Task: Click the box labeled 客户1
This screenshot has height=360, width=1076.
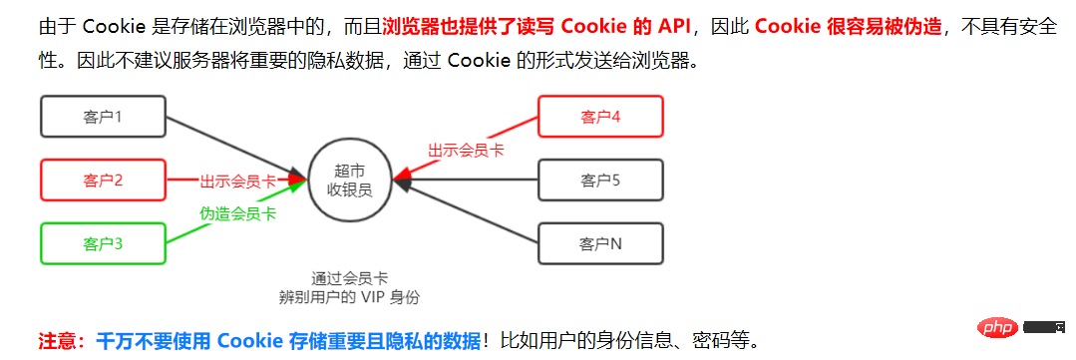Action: pos(103,117)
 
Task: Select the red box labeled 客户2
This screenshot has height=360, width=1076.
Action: pos(103,180)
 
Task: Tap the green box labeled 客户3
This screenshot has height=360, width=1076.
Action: pos(103,243)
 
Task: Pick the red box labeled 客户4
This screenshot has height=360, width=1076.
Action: pos(600,117)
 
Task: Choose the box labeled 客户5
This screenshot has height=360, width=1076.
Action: pos(600,180)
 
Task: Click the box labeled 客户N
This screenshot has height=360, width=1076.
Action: pos(600,243)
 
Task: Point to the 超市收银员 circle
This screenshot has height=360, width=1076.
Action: pos(349,180)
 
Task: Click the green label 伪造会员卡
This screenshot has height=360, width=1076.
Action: pos(237,213)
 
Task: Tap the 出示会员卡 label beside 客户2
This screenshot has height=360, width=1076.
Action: pos(237,180)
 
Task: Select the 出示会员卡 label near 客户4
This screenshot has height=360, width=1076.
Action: pos(466,150)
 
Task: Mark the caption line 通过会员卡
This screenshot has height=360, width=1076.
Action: pos(348,278)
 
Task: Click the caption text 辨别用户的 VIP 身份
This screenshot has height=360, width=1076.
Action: pos(349,297)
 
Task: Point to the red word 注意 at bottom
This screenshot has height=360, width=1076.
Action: pos(58,341)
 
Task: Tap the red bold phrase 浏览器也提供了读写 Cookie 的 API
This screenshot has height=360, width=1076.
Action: pos(542,26)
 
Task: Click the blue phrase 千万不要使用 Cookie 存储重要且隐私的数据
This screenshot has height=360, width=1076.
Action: pos(289,341)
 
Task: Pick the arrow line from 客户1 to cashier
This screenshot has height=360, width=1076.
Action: pos(234,145)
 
